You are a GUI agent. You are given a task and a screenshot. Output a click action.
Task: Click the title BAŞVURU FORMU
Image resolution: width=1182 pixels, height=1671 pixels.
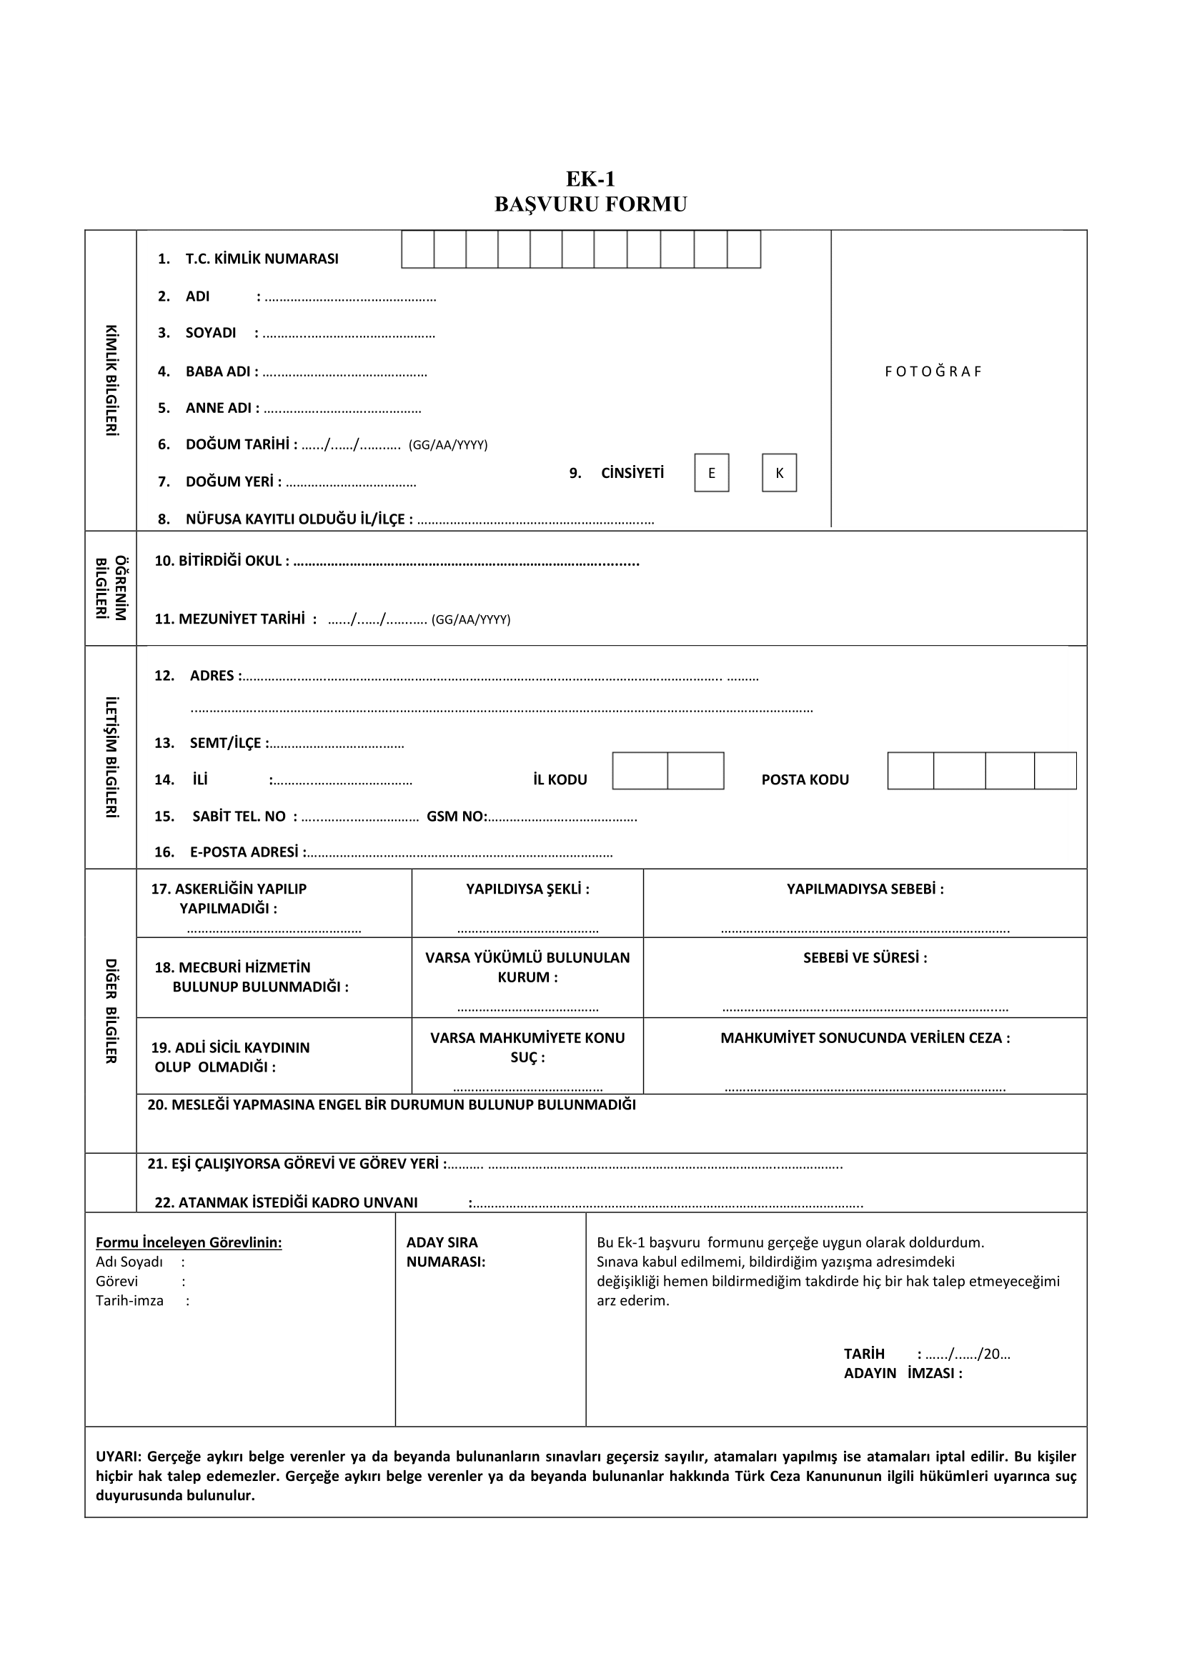590,204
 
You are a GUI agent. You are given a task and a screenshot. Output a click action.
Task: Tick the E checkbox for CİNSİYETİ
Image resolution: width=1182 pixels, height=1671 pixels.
711,473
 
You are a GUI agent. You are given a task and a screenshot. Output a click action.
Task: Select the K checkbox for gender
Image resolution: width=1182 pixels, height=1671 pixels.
779,473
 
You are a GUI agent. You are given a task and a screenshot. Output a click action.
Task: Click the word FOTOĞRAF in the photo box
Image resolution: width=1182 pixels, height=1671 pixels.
933,371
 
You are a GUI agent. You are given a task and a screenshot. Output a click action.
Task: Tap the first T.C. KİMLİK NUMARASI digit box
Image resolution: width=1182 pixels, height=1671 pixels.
418,249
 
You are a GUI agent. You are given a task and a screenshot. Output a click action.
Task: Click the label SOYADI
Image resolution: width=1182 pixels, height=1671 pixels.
210,333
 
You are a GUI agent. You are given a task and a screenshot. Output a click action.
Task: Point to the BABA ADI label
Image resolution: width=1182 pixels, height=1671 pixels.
219,371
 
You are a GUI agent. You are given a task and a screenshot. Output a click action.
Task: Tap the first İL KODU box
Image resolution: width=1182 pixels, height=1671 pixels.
640,771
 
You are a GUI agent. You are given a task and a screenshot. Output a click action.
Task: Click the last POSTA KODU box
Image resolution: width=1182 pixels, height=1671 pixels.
1055,771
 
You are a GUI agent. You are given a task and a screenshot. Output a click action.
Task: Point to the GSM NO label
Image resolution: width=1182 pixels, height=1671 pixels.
457,816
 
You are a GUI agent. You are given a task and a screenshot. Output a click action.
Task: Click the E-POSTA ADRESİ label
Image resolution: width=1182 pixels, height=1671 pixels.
244,852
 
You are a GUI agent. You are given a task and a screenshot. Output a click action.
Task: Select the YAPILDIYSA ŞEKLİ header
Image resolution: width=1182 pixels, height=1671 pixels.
527,889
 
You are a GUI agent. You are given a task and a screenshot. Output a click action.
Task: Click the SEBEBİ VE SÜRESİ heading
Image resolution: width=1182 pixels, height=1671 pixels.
865,958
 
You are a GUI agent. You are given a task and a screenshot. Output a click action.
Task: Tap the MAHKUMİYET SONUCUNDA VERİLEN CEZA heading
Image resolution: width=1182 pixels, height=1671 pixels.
865,1038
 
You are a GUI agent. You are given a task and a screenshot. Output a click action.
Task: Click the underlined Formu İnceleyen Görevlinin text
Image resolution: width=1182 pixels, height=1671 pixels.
189,1242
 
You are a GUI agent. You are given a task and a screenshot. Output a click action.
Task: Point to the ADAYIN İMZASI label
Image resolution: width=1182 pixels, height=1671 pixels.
903,1373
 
